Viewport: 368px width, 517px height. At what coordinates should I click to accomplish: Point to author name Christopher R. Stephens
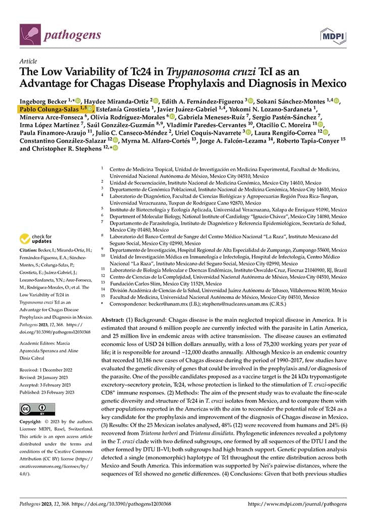pyautogui.click(x=70, y=148)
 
